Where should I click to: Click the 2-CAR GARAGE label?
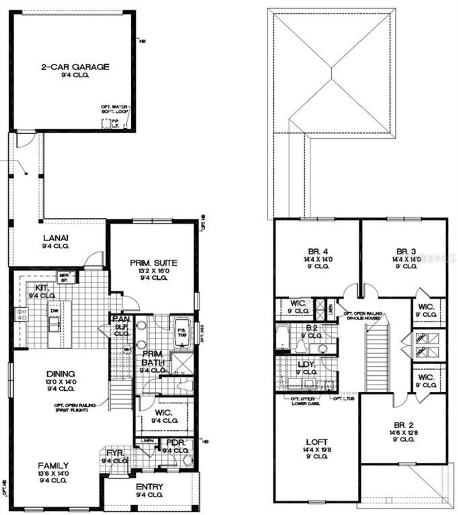point(75,67)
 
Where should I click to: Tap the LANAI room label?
point(56,238)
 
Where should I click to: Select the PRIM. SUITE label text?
point(154,263)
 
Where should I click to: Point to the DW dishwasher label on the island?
point(54,311)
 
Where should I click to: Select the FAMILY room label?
point(53,466)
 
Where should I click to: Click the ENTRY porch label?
point(149,487)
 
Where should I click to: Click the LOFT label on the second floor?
point(317,442)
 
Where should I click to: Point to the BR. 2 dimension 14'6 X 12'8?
point(404,432)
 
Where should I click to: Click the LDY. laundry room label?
point(306,365)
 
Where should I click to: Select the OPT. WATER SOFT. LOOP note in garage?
point(114,109)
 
